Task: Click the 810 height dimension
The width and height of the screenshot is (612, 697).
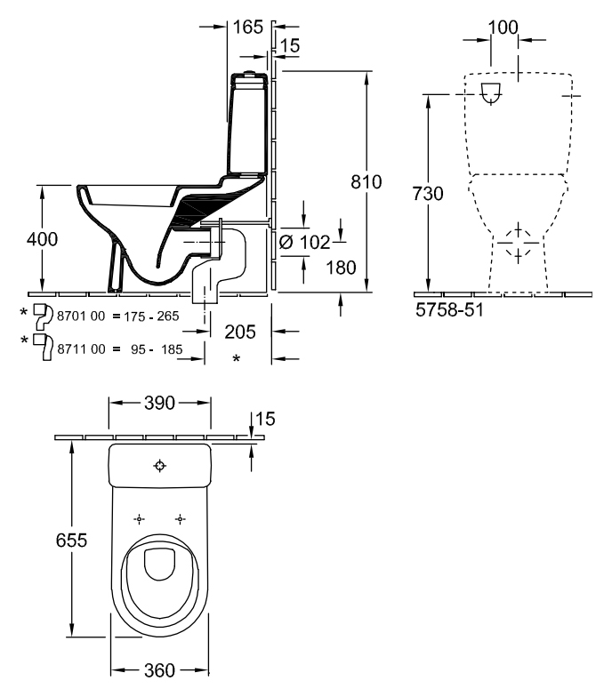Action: click(366, 181)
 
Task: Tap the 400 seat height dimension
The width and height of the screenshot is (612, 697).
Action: click(43, 239)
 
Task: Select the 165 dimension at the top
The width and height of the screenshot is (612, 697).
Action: click(247, 27)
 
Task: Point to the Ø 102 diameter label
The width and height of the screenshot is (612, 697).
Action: click(305, 242)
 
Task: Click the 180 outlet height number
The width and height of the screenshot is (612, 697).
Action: click(342, 268)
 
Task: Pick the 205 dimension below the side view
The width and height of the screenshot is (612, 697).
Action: click(240, 332)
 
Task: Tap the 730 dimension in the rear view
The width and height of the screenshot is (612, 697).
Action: click(428, 194)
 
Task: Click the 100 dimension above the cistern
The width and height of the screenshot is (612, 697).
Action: click(503, 28)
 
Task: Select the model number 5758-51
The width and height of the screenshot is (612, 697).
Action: click(449, 309)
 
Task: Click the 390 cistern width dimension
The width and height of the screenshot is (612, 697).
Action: click(160, 403)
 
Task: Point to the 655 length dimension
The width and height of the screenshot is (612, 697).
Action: click(71, 541)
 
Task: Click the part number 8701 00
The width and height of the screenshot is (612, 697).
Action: click(82, 316)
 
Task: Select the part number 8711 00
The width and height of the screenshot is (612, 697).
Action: click(82, 348)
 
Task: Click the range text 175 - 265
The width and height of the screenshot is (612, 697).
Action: click(151, 316)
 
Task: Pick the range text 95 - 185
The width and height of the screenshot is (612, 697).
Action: click(157, 348)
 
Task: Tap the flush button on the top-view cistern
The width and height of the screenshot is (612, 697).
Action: click(160, 466)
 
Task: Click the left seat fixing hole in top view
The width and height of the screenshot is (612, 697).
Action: click(139, 519)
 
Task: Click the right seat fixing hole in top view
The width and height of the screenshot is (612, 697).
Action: click(180, 519)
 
